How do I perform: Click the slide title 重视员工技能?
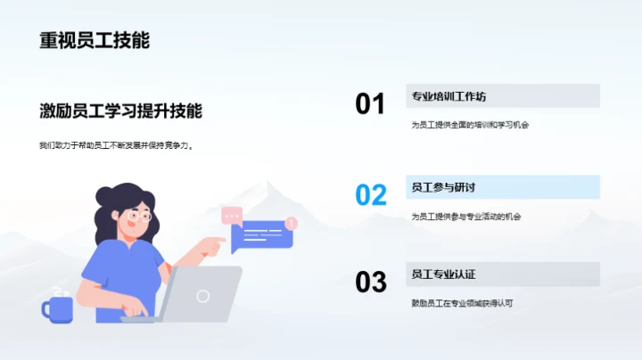95,41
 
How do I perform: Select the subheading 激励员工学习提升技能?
120,111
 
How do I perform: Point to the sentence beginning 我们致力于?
116,145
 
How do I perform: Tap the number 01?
370,104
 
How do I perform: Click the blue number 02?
370,194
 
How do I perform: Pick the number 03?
370,282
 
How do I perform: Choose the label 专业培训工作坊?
449,96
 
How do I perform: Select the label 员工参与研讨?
443,187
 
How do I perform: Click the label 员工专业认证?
443,274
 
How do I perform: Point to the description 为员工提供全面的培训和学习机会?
470,125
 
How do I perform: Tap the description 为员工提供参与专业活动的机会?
466,216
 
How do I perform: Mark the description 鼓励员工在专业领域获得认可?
462,303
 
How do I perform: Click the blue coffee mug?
58,308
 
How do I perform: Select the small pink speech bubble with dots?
232,214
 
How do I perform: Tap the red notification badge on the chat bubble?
292,224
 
